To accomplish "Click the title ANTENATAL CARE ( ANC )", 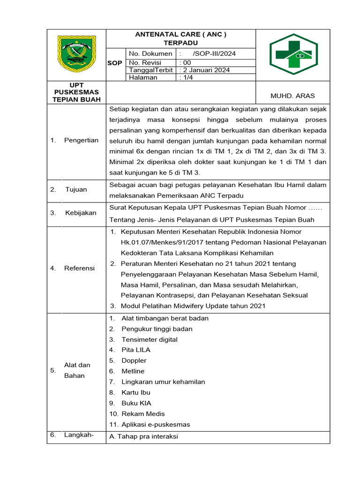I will click(x=181, y=34).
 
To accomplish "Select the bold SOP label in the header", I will click(x=115, y=63).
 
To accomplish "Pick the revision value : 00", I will click(x=186, y=62).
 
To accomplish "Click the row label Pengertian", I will click(x=81, y=140).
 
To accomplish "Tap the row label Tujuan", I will click(x=76, y=189).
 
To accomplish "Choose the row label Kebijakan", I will click(x=80, y=213).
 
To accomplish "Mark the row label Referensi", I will click(x=79, y=268).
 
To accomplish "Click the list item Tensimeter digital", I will click(x=149, y=339).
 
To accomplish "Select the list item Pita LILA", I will click(x=136, y=350).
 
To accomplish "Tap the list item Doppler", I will click(x=134, y=360).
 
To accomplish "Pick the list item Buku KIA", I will click(x=136, y=403).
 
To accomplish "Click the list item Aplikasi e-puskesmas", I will click(x=156, y=425).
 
